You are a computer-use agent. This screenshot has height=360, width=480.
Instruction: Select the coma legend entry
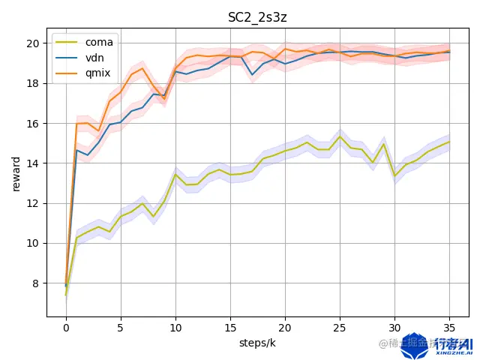pos(98,42)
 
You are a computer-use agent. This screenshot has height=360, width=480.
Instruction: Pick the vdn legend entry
pos(95,57)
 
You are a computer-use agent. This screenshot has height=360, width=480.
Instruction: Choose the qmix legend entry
pos(97,72)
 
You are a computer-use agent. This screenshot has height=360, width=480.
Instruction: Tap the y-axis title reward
pos(16,173)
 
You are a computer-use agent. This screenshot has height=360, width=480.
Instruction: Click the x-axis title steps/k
pos(258,343)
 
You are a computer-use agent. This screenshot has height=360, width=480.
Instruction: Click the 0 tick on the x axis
pos(66,328)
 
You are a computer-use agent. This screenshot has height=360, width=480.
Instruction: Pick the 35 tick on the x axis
pos(449,328)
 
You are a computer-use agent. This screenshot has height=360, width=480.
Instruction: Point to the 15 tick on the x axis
pos(230,328)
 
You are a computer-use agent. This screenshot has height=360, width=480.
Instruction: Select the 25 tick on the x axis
pos(340,328)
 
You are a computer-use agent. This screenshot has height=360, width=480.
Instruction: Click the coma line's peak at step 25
pos(340,136)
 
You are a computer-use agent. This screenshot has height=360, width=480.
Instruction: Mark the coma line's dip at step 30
pos(394,176)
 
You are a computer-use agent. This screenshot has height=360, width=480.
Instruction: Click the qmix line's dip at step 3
pos(99,131)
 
